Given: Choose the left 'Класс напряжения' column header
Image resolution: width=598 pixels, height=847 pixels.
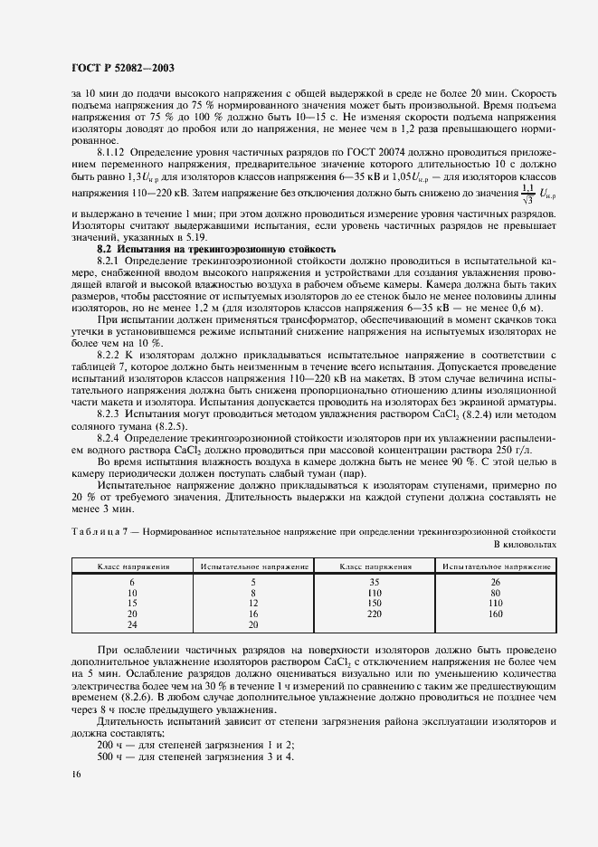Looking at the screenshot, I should coord(134,566).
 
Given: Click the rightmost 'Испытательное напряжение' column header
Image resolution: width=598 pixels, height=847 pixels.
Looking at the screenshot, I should coord(495,566).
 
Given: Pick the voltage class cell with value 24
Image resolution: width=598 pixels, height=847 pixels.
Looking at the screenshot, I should coord(132,624).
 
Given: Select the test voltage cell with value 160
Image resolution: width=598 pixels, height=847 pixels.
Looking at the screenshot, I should coord(495,614).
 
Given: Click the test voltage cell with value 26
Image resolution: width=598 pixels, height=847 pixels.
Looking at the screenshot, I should coord(495,582).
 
